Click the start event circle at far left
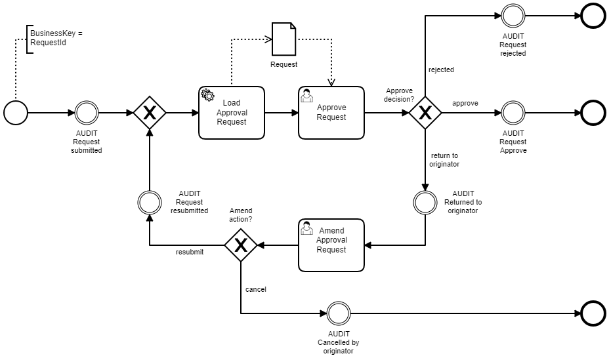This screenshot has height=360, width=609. [16, 113]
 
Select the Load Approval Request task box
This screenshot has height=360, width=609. [232, 113]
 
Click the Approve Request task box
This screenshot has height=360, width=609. [331, 113]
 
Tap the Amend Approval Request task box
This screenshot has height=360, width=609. [331, 245]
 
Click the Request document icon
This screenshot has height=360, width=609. [283, 39]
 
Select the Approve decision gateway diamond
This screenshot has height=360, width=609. [425, 113]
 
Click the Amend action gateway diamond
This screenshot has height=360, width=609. [240, 245]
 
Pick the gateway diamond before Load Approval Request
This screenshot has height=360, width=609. [149, 113]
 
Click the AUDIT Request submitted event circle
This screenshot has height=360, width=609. [87, 113]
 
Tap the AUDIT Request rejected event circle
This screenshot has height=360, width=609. [513, 16]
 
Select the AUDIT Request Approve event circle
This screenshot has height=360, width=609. [513, 113]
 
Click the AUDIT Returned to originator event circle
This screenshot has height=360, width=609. [425, 202]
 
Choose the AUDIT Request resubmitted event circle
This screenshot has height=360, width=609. [149, 202]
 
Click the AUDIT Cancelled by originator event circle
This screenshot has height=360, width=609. [338, 313]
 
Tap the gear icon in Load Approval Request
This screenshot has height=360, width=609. [207, 95]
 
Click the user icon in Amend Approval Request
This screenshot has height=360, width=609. [306, 228]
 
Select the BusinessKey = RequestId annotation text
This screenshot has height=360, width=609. [56, 37]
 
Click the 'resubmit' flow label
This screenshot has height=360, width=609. [189, 252]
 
